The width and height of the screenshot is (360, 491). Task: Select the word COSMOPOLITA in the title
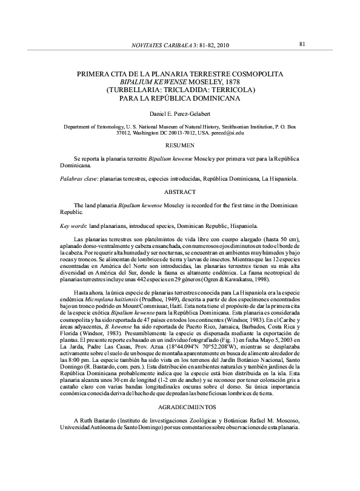tap(258, 74)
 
